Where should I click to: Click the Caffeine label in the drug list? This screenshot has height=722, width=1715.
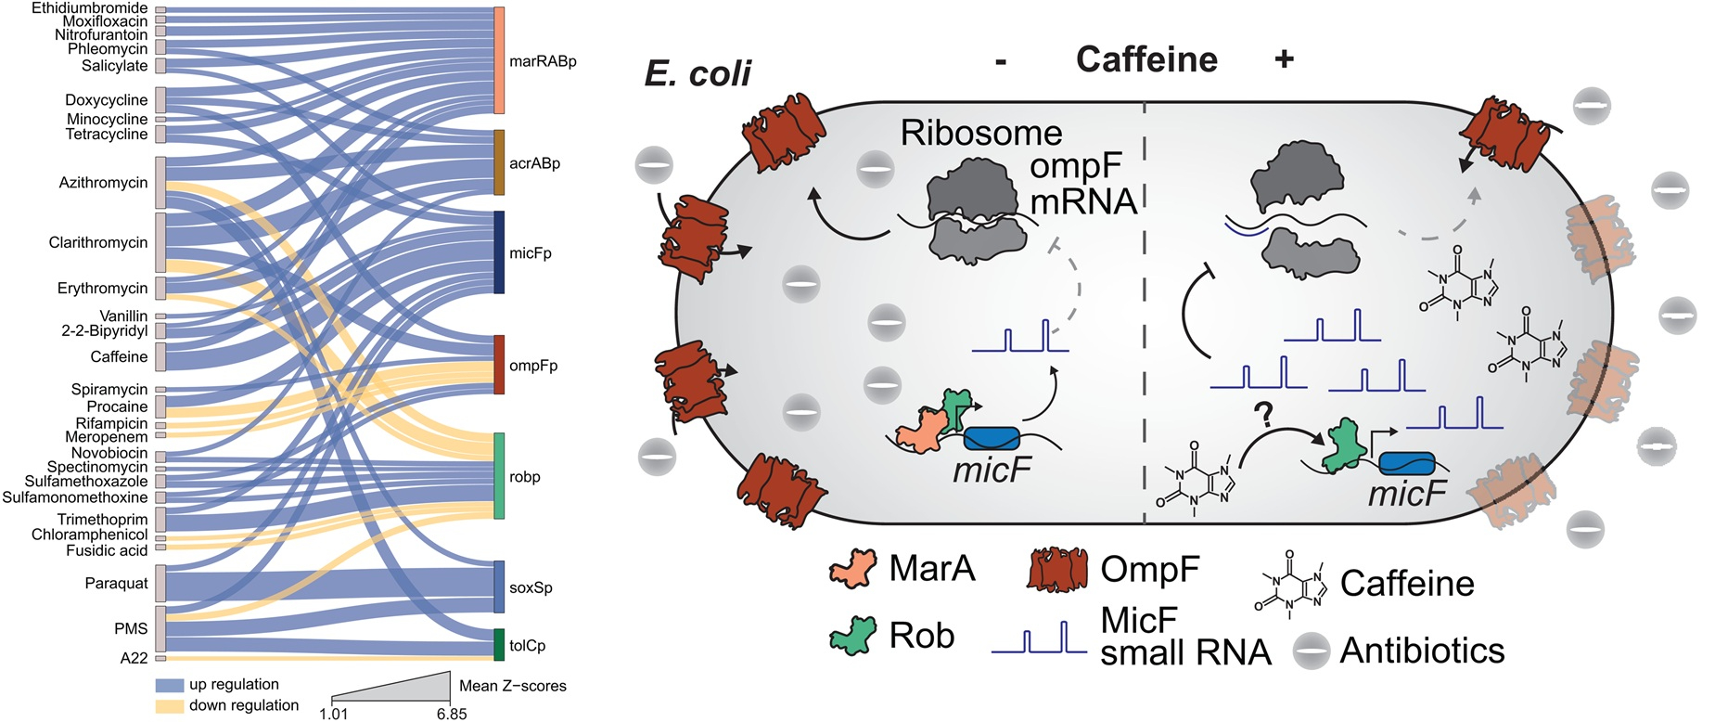[x=119, y=356]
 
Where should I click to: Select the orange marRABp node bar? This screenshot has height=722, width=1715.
[x=499, y=60]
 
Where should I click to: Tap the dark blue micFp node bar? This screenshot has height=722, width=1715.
[x=499, y=252]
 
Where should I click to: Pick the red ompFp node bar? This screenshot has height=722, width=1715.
[x=499, y=365]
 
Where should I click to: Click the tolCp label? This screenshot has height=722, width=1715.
[x=527, y=645]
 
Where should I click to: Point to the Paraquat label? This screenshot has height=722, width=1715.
[x=116, y=583]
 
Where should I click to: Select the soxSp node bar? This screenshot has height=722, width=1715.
[x=499, y=587]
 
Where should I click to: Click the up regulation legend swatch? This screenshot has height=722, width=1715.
[x=169, y=685]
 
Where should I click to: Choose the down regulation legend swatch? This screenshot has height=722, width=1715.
[x=169, y=706]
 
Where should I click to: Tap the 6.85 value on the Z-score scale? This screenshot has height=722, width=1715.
[x=452, y=714]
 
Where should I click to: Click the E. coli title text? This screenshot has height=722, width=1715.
[x=698, y=73]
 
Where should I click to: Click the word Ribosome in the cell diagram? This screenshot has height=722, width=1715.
[x=980, y=133]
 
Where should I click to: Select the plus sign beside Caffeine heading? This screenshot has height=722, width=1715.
[x=1284, y=59]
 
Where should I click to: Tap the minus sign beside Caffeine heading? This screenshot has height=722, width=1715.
[x=1001, y=61]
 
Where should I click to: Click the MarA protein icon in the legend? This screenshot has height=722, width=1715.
[x=852, y=567]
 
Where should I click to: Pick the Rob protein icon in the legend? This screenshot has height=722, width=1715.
[x=852, y=636]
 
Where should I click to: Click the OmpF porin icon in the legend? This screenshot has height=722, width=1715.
[x=1056, y=569]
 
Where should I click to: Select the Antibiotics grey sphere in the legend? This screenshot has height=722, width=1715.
[x=1312, y=651]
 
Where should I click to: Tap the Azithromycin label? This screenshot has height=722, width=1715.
[x=103, y=182]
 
